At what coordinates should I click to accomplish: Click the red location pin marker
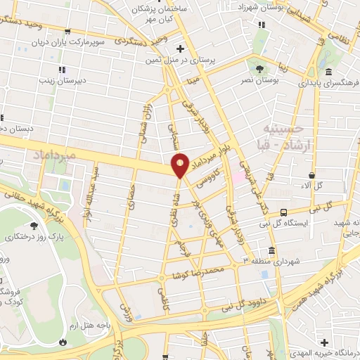click(x=181, y=165)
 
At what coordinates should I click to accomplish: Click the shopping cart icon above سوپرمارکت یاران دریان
click(x=67, y=32)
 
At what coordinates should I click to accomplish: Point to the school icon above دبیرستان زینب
click(x=62, y=70)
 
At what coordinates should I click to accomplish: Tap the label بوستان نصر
click(x=261, y=80)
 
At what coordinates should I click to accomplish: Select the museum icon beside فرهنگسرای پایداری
click(x=328, y=72)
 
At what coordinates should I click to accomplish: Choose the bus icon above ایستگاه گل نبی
click(x=283, y=212)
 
